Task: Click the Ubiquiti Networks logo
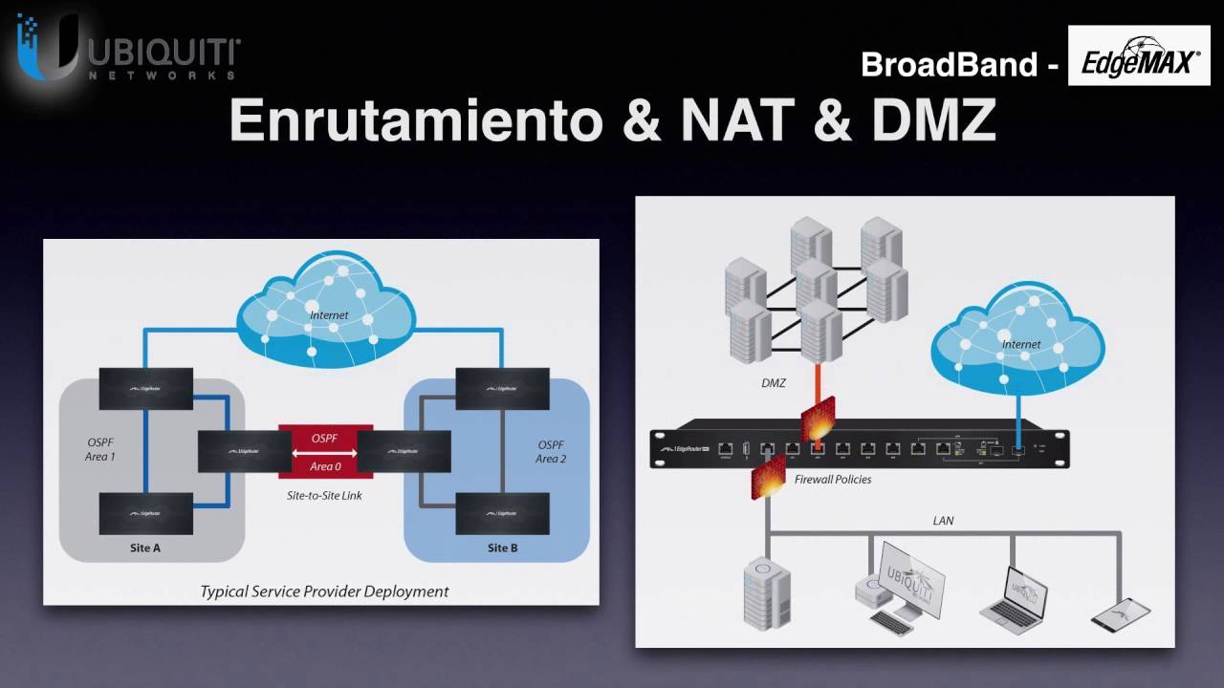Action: click(128, 53)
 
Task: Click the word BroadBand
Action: click(949, 65)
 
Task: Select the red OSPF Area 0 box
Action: click(325, 451)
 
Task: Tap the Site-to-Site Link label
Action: click(325, 496)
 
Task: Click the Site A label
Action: click(145, 548)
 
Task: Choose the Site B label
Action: click(503, 548)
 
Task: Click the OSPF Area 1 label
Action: click(99, 451)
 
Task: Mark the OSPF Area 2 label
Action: click(551, 451)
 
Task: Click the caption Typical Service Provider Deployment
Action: click(324, 591)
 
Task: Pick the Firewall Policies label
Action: click(833, 479)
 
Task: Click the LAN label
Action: click(943, 521)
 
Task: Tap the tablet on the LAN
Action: click(1121, 612)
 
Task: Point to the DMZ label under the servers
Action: click(774, 383)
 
